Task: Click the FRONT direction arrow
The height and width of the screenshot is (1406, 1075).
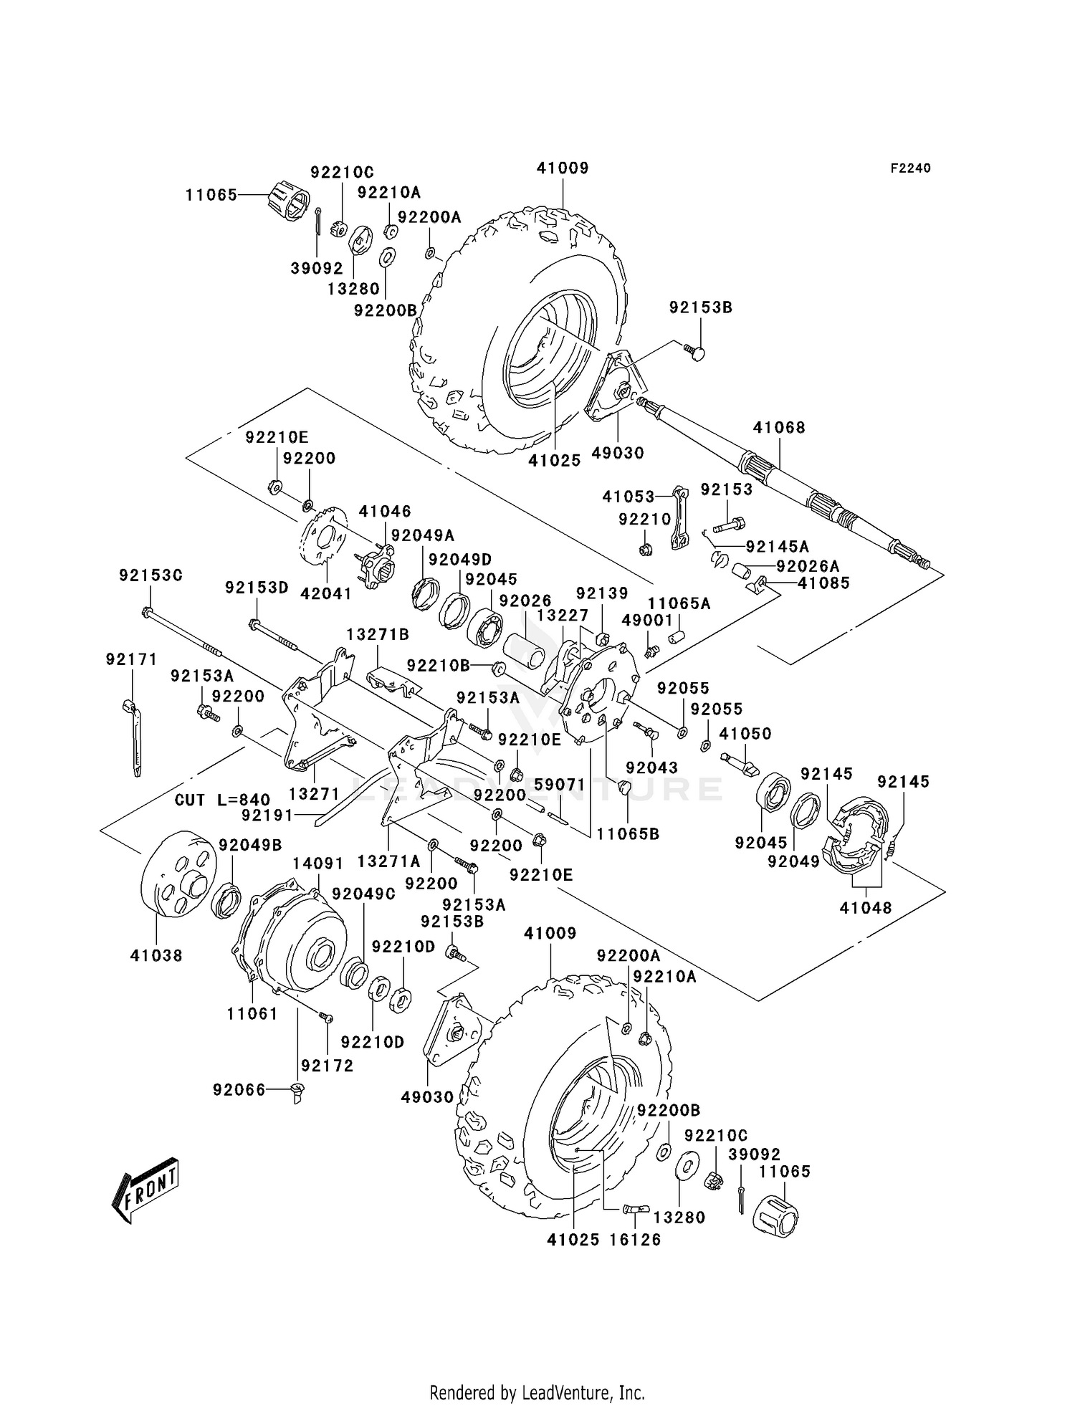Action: tap(145, 1190)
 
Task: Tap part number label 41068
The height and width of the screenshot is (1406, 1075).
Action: tap(779, 428)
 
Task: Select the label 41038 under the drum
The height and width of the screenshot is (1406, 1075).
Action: tap(156, 955)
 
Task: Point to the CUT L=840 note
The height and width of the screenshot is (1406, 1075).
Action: tap(222, 800)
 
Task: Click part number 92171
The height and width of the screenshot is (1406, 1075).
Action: tap(131, 659)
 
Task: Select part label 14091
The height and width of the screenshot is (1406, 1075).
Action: tap(307, 864)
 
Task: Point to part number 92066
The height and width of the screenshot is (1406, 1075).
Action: tap(239, 1090)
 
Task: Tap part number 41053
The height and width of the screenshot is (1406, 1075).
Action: tap(629, 497)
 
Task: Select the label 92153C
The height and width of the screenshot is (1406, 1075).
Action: tap(150, 575)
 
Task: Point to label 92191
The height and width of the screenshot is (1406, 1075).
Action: tap(267, 815)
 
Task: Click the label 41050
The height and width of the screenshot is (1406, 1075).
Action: tap(745, 734)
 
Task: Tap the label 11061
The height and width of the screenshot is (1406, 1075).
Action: tap(252, 1014)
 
